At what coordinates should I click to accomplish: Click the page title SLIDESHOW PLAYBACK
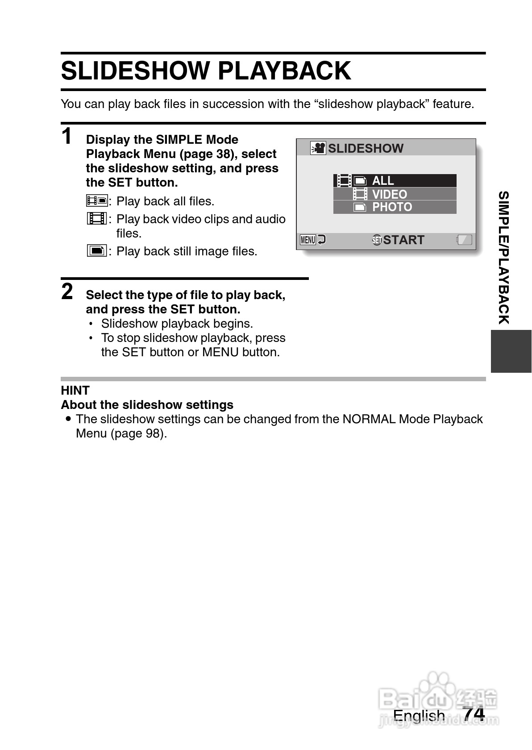(x=206, y=71)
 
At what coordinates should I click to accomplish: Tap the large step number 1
(x=67, y=136)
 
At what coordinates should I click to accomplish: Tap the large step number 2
(x=67, y=292)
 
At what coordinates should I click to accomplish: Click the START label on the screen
(x=403, y=240)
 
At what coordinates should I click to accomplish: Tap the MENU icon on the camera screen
(x=308, y=240)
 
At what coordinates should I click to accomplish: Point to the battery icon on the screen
(x=464, y=240)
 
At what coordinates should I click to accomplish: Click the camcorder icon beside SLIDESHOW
(x=318, y=148)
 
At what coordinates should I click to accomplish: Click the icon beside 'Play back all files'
(x=97, y=201)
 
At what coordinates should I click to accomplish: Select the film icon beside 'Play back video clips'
(x=97, y=219)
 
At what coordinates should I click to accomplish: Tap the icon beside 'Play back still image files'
(x=97, y=251)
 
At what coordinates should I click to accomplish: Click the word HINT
(x=75, y=391)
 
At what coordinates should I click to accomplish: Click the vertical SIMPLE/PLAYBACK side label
(x=503, y=258)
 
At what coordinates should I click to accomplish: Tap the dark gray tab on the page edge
(x=511, y=351)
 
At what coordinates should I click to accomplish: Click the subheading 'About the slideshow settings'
(x=147, y=405)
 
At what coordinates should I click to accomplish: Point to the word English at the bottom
(x=419, y=716)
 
